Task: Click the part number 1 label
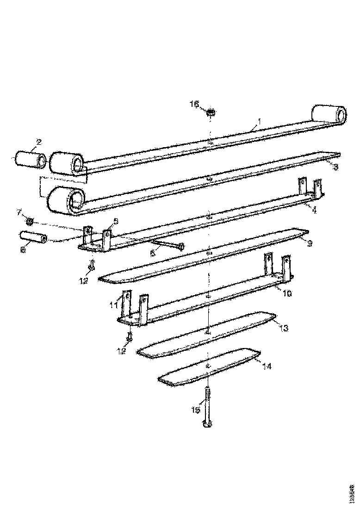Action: [259, 121]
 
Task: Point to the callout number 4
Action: [314, 210]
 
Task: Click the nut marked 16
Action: [211, 112]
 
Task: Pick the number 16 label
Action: [194, 105]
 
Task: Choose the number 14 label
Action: [267, 366]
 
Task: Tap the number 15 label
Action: [196, 410]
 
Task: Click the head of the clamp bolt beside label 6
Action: [181, 245]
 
